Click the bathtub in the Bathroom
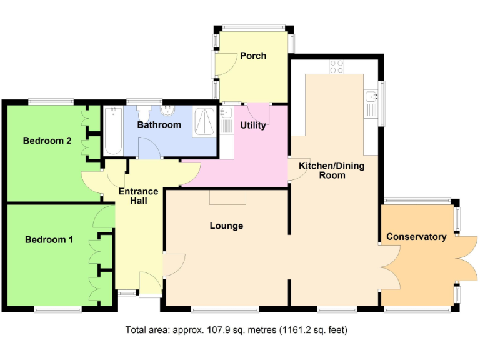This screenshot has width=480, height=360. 113,131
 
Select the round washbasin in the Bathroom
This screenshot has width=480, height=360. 167,112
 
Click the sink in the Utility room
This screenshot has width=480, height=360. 226,113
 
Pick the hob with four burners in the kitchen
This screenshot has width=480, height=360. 336,66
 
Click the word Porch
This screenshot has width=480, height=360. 253,56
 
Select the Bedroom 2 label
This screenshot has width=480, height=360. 47,141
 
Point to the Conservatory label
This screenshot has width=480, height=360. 416,237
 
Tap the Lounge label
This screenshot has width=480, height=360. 226,226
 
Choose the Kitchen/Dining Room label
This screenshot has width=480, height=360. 322,171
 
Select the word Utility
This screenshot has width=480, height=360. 253,125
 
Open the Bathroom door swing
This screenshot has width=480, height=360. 147,149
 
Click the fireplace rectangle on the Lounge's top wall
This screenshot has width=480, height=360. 227,197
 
